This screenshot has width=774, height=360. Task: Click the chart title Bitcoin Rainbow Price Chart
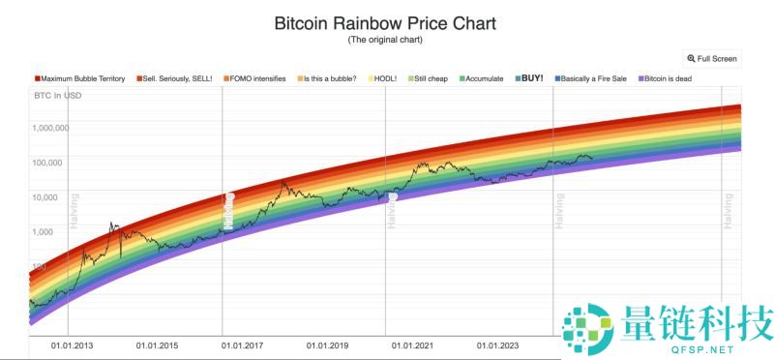[385, 22]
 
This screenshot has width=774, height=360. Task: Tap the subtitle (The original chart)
[385, 40]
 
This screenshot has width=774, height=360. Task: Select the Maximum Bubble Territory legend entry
[82, 77]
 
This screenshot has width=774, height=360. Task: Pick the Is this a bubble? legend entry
[330, 77]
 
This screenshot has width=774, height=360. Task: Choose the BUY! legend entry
[531, 77]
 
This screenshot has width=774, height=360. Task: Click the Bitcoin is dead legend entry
[670, 77]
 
